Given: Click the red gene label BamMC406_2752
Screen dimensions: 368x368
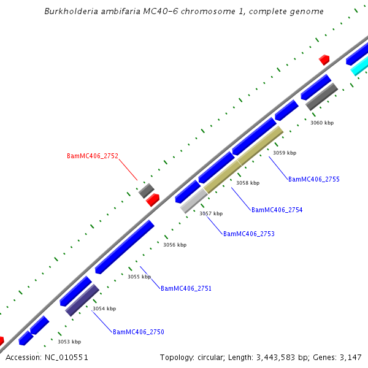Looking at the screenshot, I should tap(92, 156).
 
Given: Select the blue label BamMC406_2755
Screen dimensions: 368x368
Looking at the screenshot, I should tap(313, 179).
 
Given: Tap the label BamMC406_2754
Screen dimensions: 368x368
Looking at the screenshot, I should tap(277, 210).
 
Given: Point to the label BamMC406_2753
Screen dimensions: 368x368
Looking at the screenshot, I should tap(248, 234).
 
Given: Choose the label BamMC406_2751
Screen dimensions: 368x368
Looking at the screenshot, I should tap(186, 288).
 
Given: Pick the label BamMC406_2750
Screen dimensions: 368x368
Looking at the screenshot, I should tap(138, 332).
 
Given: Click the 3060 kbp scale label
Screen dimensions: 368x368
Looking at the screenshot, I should tap(321, 123).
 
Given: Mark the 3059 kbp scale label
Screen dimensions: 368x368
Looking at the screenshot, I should tap(285, 153).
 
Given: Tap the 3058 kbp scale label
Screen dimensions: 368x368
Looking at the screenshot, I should tap(248, 183).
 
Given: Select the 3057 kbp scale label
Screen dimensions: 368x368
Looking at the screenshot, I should tap(211, 213).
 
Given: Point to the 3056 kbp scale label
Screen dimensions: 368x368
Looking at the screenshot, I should tap(174, 245).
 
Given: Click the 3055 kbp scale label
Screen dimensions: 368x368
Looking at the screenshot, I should tap(139, 277).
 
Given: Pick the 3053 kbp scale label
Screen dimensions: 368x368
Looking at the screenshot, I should tap(69, 342).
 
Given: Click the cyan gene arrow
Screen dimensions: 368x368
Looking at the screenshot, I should tap(359, 67).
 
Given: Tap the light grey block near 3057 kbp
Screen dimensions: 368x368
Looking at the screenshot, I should tap(193, 201).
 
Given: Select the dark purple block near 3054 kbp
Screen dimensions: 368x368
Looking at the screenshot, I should tap(82, 300).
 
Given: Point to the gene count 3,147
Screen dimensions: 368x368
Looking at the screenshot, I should tap(349, 357).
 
